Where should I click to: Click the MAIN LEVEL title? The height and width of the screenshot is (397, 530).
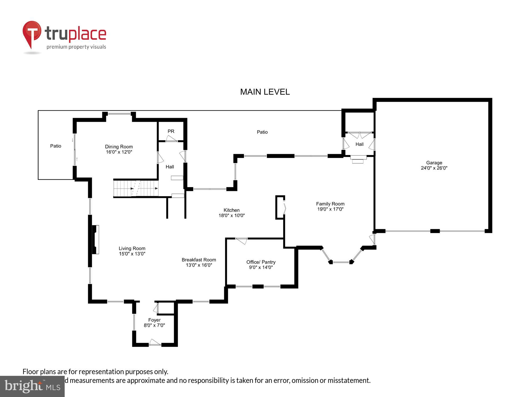pyautogui.click(x=265, y=92)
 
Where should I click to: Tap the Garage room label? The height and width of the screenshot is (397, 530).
pyautogui.click(x=434, y=163)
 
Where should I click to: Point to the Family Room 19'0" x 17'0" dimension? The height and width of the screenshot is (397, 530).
pyautogui.click(x=330, y=209)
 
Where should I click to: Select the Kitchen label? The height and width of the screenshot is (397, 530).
pyautogui.click(x=231, y=210)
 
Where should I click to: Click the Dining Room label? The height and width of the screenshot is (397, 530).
pyautogui.click(x=119, y=147)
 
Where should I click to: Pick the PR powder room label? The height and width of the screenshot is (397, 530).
pyautogui.click(x=171, y=131)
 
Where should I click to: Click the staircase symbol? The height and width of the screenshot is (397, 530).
pyautogui.click(x=136, y=188)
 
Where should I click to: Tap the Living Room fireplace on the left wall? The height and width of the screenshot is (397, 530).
pyautogui.click(x=95, y=240)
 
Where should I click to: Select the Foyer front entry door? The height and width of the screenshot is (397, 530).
pyautogui.click(x=155, y=343)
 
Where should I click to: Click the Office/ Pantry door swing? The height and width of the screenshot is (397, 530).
pyautogui.click(x=242, y=241)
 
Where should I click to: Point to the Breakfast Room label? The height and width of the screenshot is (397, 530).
pyautogui.click(x=199, y=260)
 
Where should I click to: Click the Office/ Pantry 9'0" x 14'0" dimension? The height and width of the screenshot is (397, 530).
pyautogui.click(x=261, y=267)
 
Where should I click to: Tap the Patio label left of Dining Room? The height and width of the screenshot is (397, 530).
pyautogui.click(x=56, y=146)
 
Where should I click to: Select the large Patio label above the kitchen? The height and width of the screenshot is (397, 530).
pyautogui.click(x=262, y=132)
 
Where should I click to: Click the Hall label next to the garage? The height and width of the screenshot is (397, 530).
pyautogui.click(x=359, y=144)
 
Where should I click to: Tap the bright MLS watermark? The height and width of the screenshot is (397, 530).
pyautogui.click(x=32, y=386)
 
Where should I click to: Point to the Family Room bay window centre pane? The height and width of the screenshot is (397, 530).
pyautogui.click(x=341, y=262)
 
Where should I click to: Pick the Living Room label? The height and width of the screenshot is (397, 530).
pyautogui.click(x=132, y=249)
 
